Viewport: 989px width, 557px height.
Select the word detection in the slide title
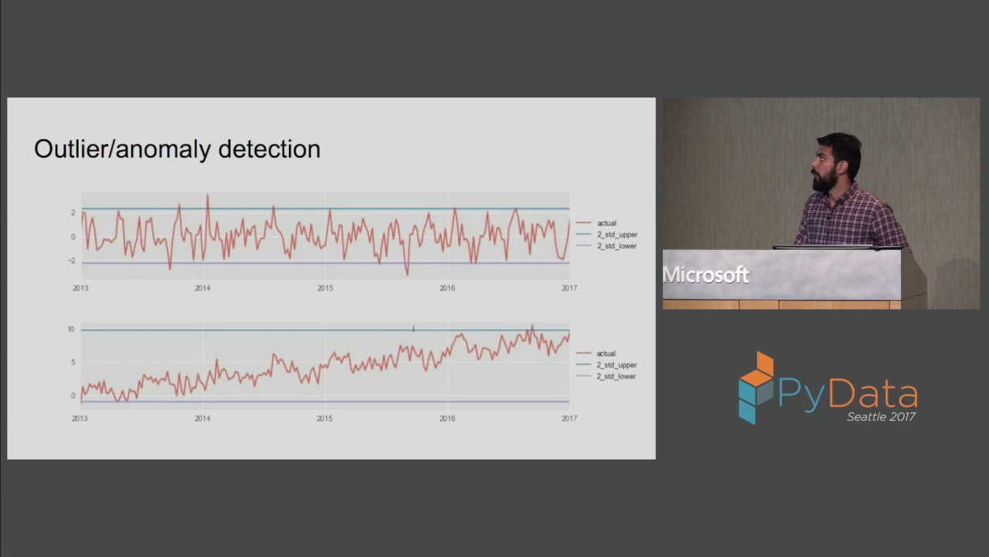(270, 149)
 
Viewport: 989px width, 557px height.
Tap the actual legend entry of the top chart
(607, 224)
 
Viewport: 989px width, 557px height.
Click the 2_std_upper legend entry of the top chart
(617, 234)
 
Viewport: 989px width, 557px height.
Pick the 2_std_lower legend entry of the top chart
(617, 246)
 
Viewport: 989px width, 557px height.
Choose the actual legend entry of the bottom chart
(606, 354)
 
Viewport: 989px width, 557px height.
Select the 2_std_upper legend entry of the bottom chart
(617, 365)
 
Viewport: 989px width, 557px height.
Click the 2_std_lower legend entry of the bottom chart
(616, 377)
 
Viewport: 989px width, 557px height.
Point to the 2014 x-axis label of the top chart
(202, 289)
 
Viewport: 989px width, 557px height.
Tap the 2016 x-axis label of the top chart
(447, 289)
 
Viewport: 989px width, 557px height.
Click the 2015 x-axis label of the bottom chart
(325, 419)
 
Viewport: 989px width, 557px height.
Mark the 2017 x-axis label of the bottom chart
(569, 419)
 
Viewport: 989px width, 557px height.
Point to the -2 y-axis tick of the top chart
(72, 261)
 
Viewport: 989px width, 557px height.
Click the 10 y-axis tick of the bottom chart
(71, 330)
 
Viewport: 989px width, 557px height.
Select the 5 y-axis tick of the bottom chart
(73, 363)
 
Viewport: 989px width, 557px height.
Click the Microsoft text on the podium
(705, 275)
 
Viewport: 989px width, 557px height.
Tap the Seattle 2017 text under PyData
(881, 417)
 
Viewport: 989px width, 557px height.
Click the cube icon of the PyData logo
(756, 388)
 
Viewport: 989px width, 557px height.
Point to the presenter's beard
(824, 180)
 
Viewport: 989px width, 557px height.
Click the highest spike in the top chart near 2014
(208, 196)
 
